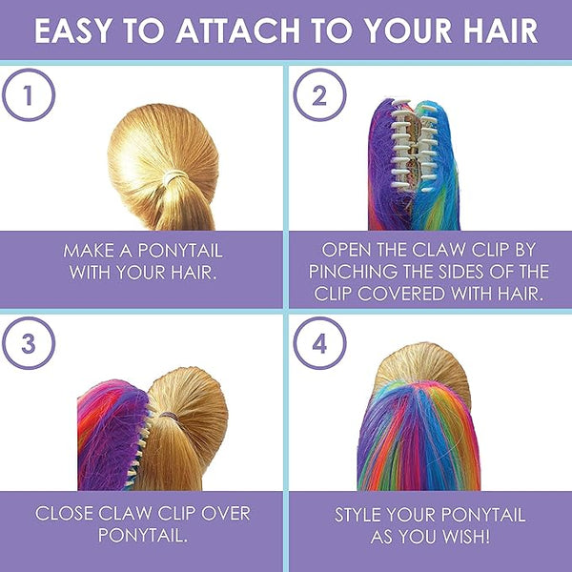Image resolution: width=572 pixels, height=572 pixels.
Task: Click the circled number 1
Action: click(29, 94)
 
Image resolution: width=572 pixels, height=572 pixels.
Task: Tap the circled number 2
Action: click(319, 94)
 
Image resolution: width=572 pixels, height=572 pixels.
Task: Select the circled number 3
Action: click(29, 343)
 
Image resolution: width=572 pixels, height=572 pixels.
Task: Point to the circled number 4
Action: click(319, 343)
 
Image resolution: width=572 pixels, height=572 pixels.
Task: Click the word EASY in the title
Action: click(73, 31)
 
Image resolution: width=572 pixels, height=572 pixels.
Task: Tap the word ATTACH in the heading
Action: click(238, 31)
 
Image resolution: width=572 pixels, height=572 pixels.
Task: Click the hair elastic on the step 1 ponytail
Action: click(174, 177)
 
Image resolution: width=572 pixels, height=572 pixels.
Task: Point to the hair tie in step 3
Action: click(169, 416)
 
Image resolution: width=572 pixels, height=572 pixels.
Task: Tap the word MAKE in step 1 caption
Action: click(89, 251)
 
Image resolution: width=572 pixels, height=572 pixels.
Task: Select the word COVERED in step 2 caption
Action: click(401, 294)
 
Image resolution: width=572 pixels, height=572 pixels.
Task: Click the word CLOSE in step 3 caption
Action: click(64, 513)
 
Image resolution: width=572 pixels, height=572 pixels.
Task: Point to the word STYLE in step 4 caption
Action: click(358, 515)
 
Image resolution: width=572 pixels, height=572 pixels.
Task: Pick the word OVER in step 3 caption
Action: click(226, 513)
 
